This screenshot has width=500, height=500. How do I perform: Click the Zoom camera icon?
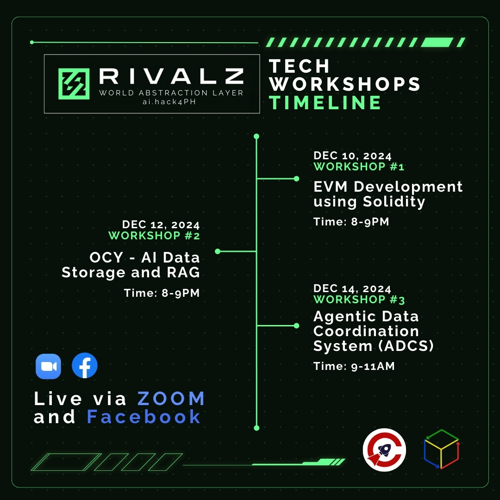pyautogui.click(x=49, y=366)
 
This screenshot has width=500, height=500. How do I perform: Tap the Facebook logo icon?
pyautogui.click(x=85, y=366)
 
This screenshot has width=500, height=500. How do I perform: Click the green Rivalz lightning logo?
pyautogui.click(x=74, y=84)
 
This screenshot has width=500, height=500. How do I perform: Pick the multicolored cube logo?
pyautogui.click(x=441, y=449)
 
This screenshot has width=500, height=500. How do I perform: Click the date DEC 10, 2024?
pyautogui.click(x=352, y=156)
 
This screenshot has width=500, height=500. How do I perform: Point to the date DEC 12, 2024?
pyautogui.click(x=161, y=225)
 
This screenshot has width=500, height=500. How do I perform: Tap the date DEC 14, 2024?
pyautogui.click(x=352, y=288)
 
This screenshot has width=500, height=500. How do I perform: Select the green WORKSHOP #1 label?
pyautogui.click(x=359, y=167)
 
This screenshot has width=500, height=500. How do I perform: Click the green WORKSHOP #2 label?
pyautogui.click(x=154, y=236)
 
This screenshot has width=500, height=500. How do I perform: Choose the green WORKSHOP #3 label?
pyautogui.click(x=359, y=300)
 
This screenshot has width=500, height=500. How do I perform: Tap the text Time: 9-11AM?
pyautogui.click(x=354, y=366)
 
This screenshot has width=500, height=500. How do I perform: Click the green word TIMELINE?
pyautogui.click(x=325, y=103)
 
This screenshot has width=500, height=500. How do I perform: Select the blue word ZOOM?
pyautogui.click(x=171, y=399)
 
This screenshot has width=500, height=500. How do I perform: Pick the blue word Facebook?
pyautogui.click(x=144, y=417)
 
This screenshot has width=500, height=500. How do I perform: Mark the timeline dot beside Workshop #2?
pyautogui.click(x=218, y=251)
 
